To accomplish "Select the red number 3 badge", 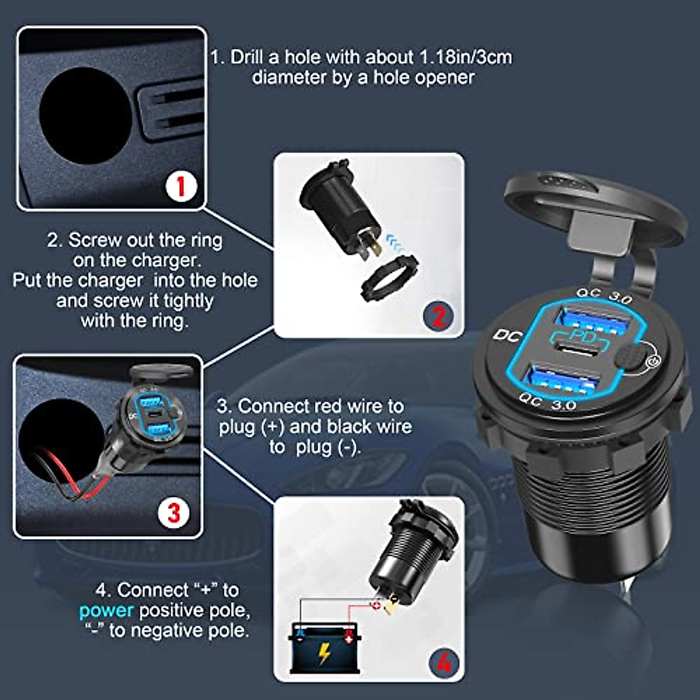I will (173, 513).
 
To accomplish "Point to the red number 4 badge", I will (443, 663).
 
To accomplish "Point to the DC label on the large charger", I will (507, 335).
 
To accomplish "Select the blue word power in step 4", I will (106, 611).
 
